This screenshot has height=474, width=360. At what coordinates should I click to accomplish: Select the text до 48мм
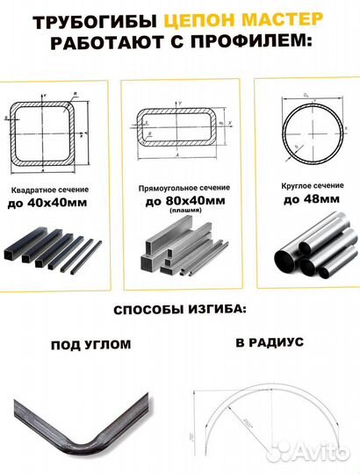pos(308,199)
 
